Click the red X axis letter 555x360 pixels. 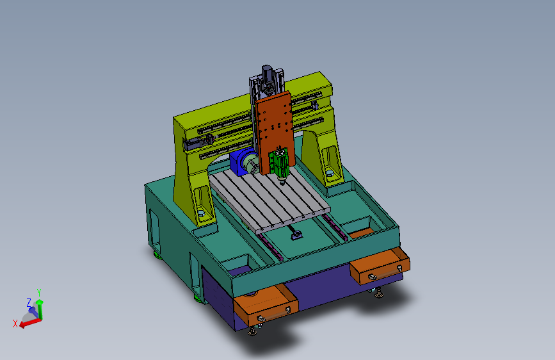coord(15,323)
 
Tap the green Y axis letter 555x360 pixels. coord(39,292)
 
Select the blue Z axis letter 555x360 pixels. coord(29,302)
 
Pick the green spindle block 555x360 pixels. coord(279,164)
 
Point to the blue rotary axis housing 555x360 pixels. coord(241,162)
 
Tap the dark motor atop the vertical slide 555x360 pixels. coord(267,74)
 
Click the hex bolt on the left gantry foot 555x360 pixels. coord(201,213)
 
